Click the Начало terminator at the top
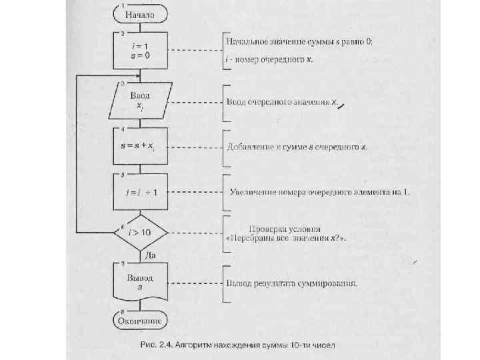(139, 13)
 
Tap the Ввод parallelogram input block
(140, 101)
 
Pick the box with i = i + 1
(139, 192)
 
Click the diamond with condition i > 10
(141, 233)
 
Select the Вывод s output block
(140, 281)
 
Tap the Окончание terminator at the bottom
(140, 321)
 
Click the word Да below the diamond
(151, 255)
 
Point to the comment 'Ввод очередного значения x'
(282, 103)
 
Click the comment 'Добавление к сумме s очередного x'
(297, 147)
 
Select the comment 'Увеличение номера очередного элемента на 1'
(319, 192)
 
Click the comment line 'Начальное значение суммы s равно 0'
(299, 41)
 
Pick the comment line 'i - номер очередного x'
(269, 59)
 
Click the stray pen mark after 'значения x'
(341, 103)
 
